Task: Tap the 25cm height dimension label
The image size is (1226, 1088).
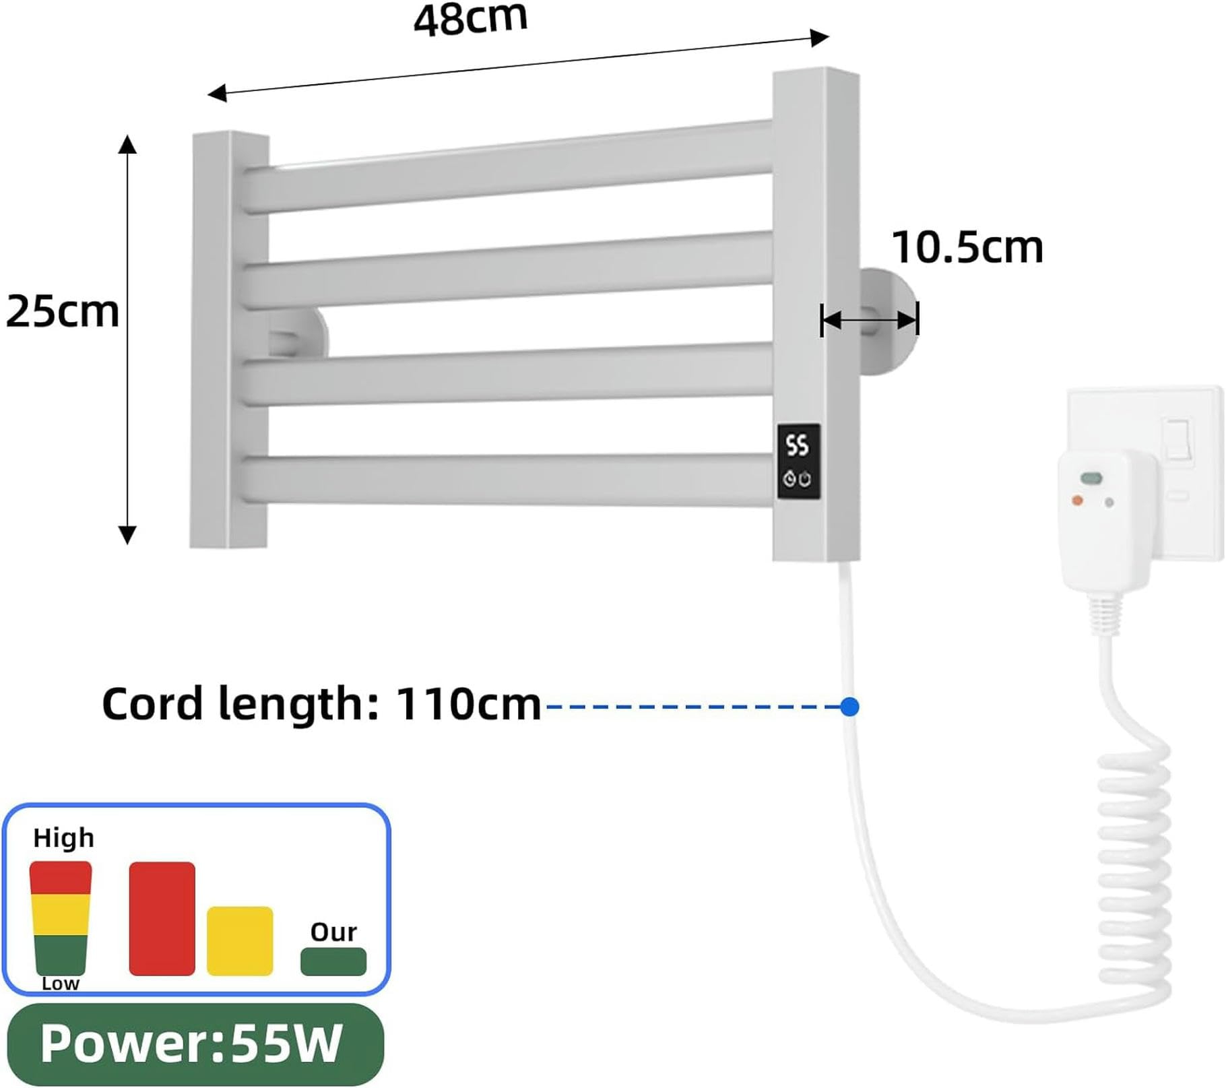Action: [x=62, y=312]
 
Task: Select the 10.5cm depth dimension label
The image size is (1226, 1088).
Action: [x=967, y=247]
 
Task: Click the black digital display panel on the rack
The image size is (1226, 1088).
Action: [x=798, y=461]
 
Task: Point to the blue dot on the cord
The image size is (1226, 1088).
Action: [x=850, y=707]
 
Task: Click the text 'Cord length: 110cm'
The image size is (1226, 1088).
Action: [x=321, y=704]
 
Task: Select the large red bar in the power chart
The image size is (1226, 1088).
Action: [x=162, y=918]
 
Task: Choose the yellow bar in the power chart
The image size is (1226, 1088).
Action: [x=240, y=940]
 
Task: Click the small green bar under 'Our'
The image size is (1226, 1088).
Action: [x=333, y=961]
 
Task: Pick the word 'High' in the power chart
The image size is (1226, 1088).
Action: [x=63, y=838]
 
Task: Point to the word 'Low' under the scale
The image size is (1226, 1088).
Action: [x=60, y=984]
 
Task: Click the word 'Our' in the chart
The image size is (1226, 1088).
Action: [x=333, y=932]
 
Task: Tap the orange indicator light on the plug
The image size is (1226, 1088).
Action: [x=1077, y=500]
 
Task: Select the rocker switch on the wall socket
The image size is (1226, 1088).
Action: [x=1178, y=439]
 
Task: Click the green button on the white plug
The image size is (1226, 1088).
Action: [x=1091, y=478]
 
